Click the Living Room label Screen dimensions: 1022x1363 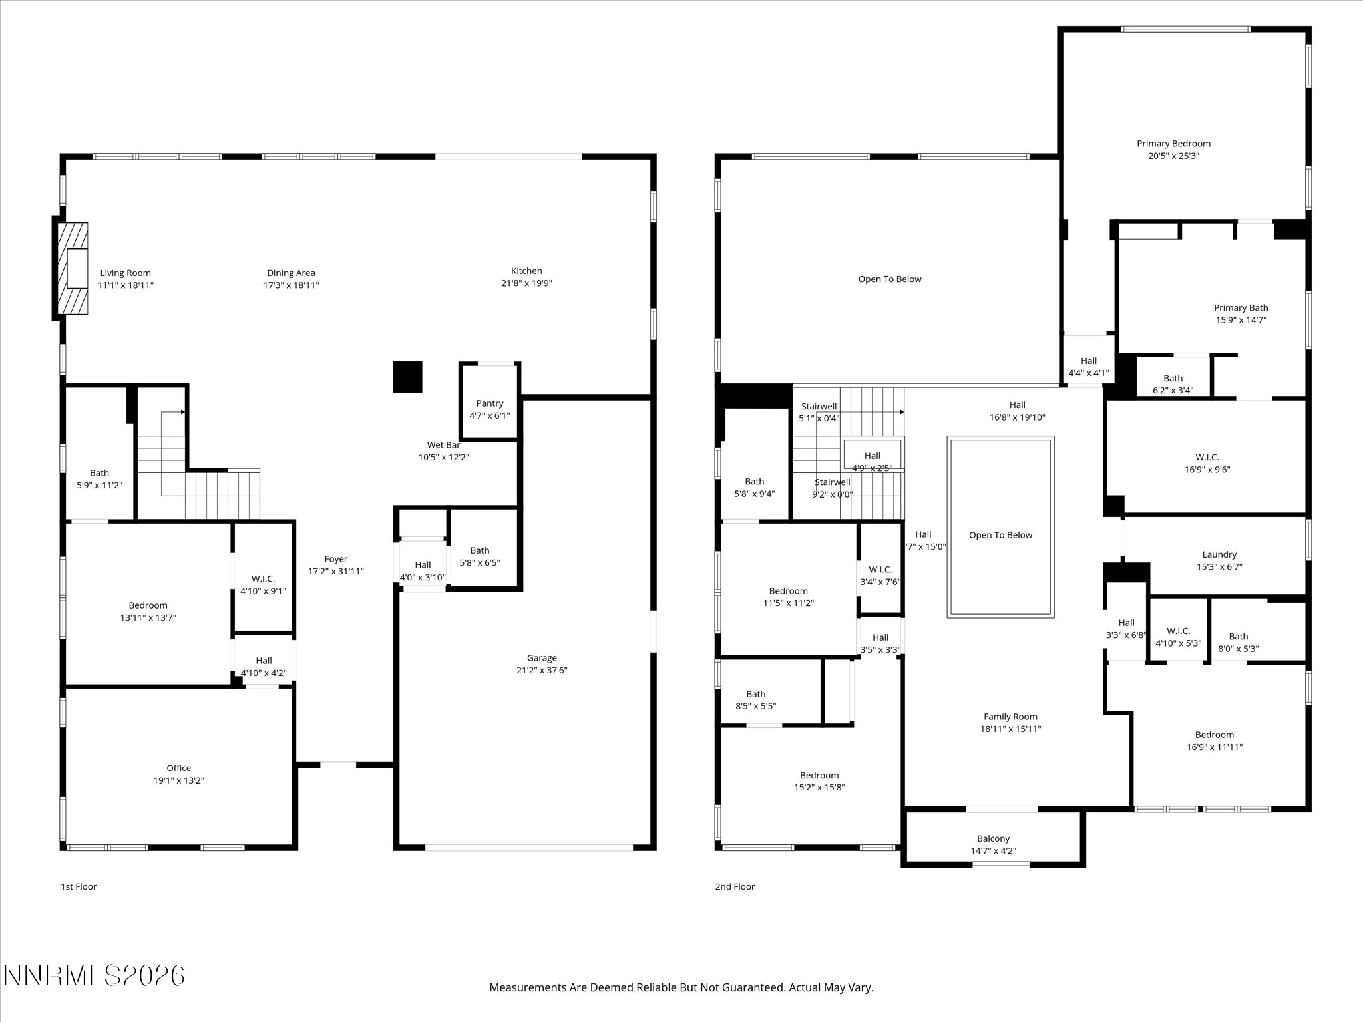125,273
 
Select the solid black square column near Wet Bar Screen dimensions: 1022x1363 407,377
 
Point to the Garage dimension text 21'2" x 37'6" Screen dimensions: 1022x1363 542,670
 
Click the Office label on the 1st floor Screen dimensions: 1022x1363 178,768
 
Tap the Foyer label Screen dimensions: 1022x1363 336,559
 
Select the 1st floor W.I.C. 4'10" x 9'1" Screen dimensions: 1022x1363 263,584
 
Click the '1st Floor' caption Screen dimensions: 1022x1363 79,886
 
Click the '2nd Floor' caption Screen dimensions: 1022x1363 735,886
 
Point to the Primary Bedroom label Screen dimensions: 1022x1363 1173,144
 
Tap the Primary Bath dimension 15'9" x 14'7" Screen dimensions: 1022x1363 1241,320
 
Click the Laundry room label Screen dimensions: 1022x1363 1219,554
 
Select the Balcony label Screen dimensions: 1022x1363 993,838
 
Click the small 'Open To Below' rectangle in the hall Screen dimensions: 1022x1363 1000,535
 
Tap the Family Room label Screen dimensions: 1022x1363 1010,717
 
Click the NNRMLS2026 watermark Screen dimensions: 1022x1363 94,976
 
